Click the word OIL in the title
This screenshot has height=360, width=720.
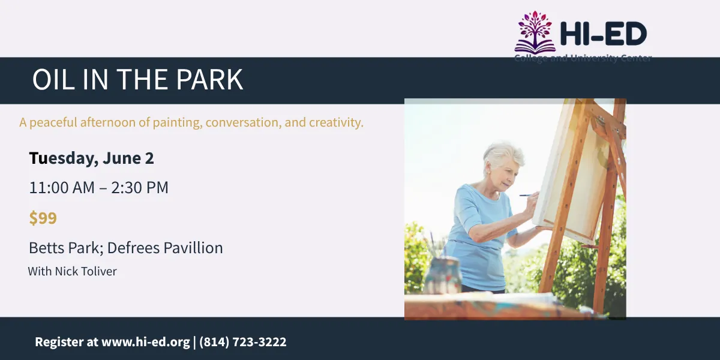point(51,80)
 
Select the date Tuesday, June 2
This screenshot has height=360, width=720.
point(91,158)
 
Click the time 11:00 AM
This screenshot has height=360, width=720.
point(61,188)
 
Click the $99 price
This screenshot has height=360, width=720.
point(43,218)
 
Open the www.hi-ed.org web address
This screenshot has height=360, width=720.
point(146,342)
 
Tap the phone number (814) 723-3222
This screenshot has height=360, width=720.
point(242,342)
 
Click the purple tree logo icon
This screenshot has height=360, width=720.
point(535,32)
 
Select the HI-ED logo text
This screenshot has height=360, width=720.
point(602,34)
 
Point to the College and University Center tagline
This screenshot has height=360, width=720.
point(583,58)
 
